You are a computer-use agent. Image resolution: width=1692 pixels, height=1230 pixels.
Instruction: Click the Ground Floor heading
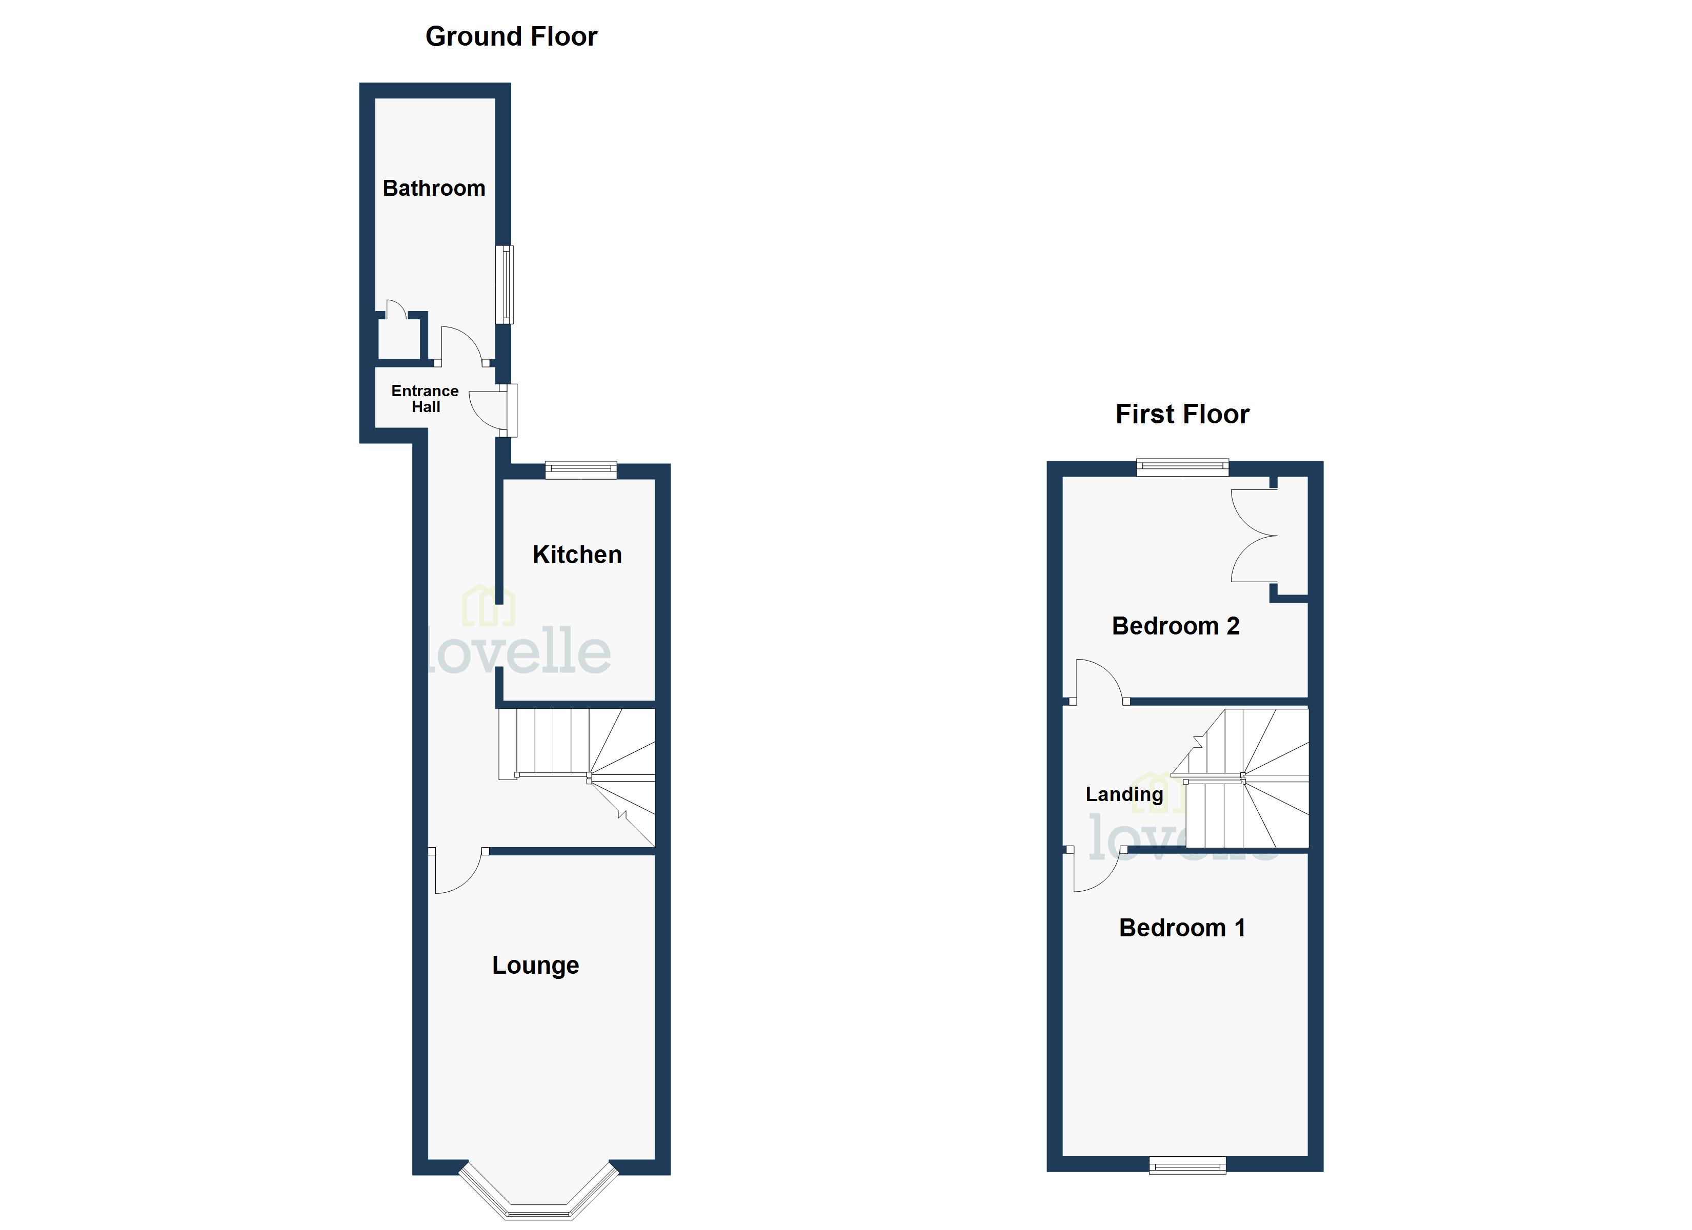pos(511,36)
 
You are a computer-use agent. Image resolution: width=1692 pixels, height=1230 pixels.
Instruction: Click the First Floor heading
pos(1182,414)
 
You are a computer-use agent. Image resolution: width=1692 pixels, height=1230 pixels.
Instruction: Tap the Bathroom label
pos(433,188)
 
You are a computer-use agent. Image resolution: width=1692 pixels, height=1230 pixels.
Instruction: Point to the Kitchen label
pos(577,555)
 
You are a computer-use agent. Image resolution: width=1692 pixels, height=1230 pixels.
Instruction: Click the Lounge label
pos(535,965)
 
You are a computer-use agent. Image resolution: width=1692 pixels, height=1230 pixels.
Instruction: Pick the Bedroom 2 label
pos(1175,626)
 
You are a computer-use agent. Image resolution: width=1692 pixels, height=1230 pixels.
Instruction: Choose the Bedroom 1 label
pos(1182,928)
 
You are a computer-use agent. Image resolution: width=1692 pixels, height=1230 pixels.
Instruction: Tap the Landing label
pos(1123,794)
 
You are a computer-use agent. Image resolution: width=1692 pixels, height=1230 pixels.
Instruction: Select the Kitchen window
pos(581,470)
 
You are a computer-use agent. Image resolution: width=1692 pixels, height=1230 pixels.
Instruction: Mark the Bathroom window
pos(506,284)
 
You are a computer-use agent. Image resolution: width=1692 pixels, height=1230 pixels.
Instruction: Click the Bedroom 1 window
pos(1187,1164)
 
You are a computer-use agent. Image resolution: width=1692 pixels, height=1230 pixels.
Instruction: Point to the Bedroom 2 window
pos(1182,468)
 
